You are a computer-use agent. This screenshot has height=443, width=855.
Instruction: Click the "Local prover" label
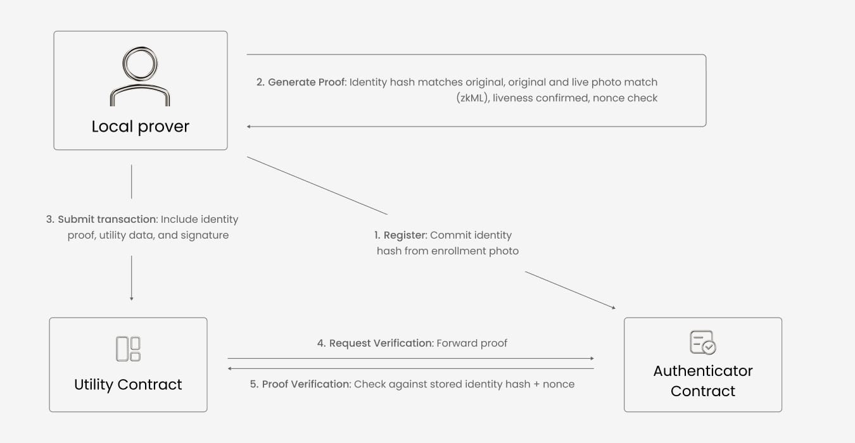pos(140,127)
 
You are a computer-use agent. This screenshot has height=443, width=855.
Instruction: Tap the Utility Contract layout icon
pos(128,349)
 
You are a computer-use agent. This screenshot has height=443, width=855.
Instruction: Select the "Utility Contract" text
pos(128,384)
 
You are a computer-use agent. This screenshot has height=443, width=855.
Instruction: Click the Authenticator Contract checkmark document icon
pos(703,342)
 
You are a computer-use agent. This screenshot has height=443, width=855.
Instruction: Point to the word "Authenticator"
pos(703,371)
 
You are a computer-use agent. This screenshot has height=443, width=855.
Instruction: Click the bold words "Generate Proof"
pos(307,82)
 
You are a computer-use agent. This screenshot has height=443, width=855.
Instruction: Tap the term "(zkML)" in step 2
pos(473,98)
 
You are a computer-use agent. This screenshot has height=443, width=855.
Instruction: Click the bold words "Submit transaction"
pos(107,220)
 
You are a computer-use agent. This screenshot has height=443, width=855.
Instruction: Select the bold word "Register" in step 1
pos(405,235)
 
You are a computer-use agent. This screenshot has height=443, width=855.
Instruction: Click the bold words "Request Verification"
pos(381,343)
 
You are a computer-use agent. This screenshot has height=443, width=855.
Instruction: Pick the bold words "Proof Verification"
pos(306,384)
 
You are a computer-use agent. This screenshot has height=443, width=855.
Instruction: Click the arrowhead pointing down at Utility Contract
pos(131,299)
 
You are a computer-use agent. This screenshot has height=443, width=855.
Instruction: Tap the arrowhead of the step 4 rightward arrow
pos(592,358)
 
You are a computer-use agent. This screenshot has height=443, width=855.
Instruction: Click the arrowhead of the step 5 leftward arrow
pos(230,368)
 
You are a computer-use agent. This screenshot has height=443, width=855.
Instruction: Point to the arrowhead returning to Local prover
pos(249,127)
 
